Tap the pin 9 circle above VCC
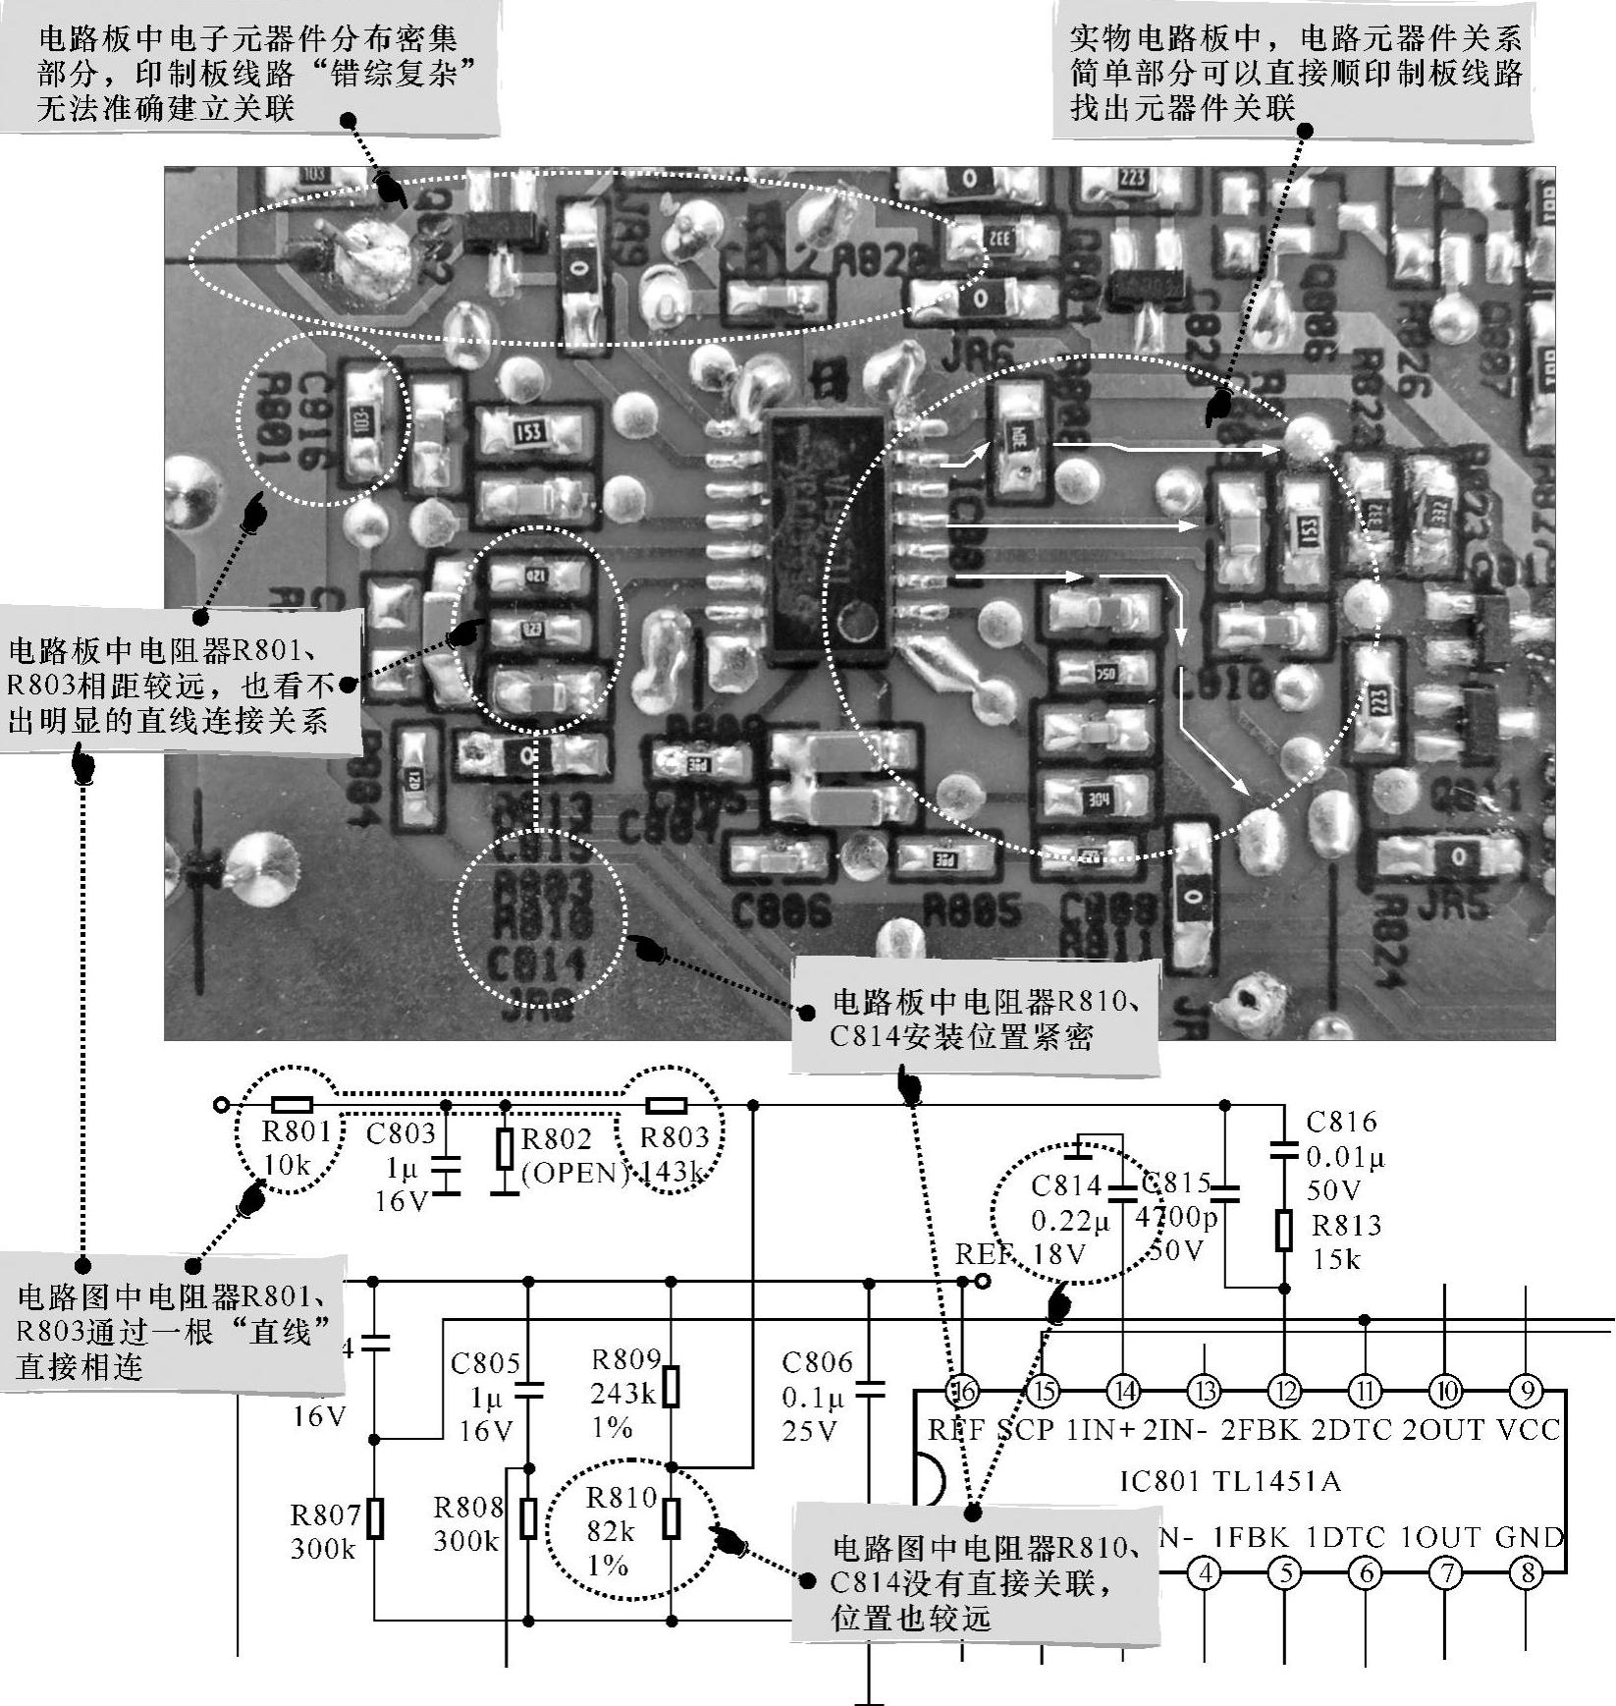[1526, 1391]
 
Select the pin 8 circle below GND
[1526, 1573]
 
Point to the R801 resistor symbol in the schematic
[292, 1105]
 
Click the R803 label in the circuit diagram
[673, 1137]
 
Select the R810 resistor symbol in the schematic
[672, 1517]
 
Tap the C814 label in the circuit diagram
[1066, 1186]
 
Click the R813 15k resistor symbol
[1284, 1230]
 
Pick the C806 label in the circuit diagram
[817, 1362]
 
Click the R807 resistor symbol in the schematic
[374, 1518]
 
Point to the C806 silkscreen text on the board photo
[781, 913]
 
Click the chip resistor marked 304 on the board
[1098, 798]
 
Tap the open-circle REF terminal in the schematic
[982, 1281]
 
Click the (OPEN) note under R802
[574, 1174]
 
